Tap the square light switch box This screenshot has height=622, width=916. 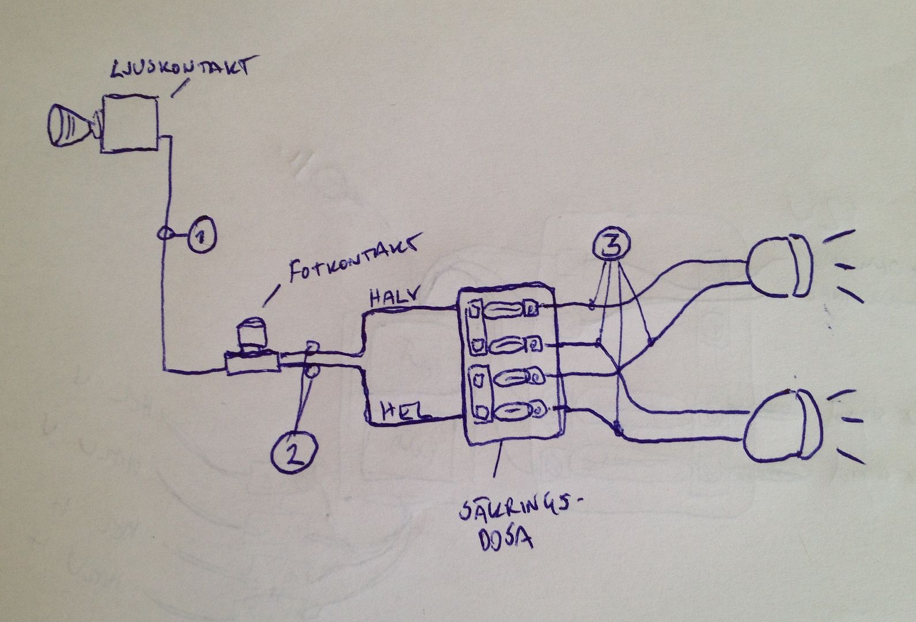130,124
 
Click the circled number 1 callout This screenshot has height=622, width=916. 202,236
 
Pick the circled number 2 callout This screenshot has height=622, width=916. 294,449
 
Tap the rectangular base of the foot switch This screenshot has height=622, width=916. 252,364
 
